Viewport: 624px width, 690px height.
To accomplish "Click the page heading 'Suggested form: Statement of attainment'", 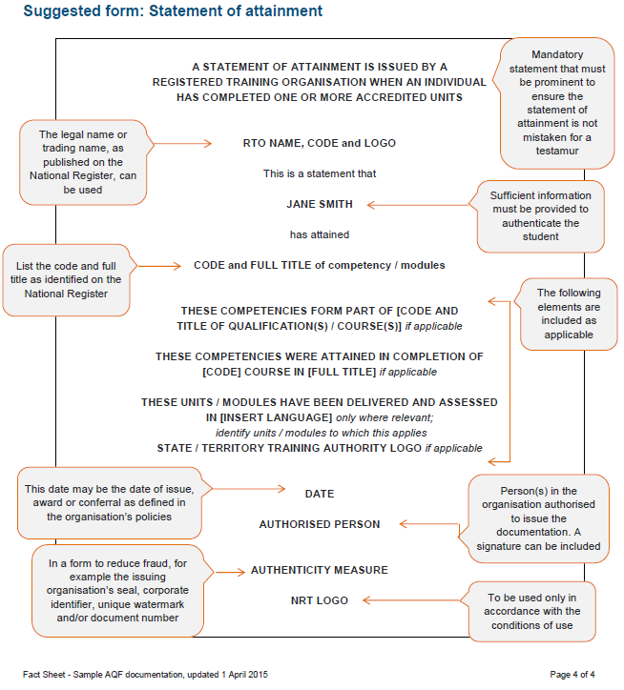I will tap(173, 12).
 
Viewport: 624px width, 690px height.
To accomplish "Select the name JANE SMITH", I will tap(320, 204).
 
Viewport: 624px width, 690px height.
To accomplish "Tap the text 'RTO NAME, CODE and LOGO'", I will tap(319, 143).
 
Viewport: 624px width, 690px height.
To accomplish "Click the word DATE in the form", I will tap(319, 494).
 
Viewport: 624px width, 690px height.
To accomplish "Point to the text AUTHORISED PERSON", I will tap(319, 524).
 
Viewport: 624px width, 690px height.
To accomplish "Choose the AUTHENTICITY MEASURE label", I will tap(319, 570).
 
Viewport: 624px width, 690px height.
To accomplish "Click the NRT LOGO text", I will tap(319, 600).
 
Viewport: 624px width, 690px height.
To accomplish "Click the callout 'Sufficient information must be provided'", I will tap(540, 215).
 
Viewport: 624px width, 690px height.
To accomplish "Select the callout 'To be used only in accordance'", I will tap(535, 611).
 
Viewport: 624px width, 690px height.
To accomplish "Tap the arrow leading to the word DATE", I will tap(242, 489).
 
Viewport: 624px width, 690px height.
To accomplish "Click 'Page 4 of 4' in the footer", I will tap(572, 675).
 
